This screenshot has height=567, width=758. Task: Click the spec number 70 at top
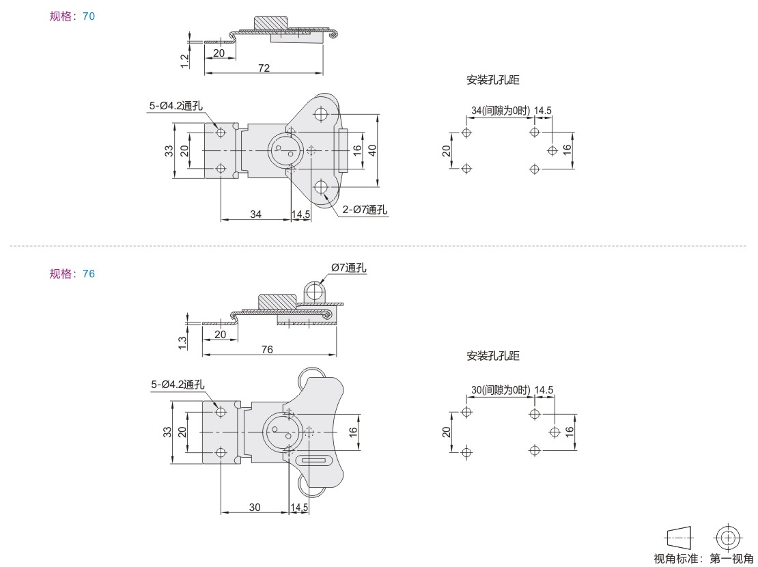89,16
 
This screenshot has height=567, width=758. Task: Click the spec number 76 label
89,273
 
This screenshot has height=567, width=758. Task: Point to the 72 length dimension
264,68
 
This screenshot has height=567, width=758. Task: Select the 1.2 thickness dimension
184,61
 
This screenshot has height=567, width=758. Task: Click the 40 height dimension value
371,150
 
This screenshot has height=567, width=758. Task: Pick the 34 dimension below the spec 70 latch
255,213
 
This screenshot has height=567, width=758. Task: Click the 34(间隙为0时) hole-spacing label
501,110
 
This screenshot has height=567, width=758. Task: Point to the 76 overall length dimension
267,349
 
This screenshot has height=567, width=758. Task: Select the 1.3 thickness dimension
183,342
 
